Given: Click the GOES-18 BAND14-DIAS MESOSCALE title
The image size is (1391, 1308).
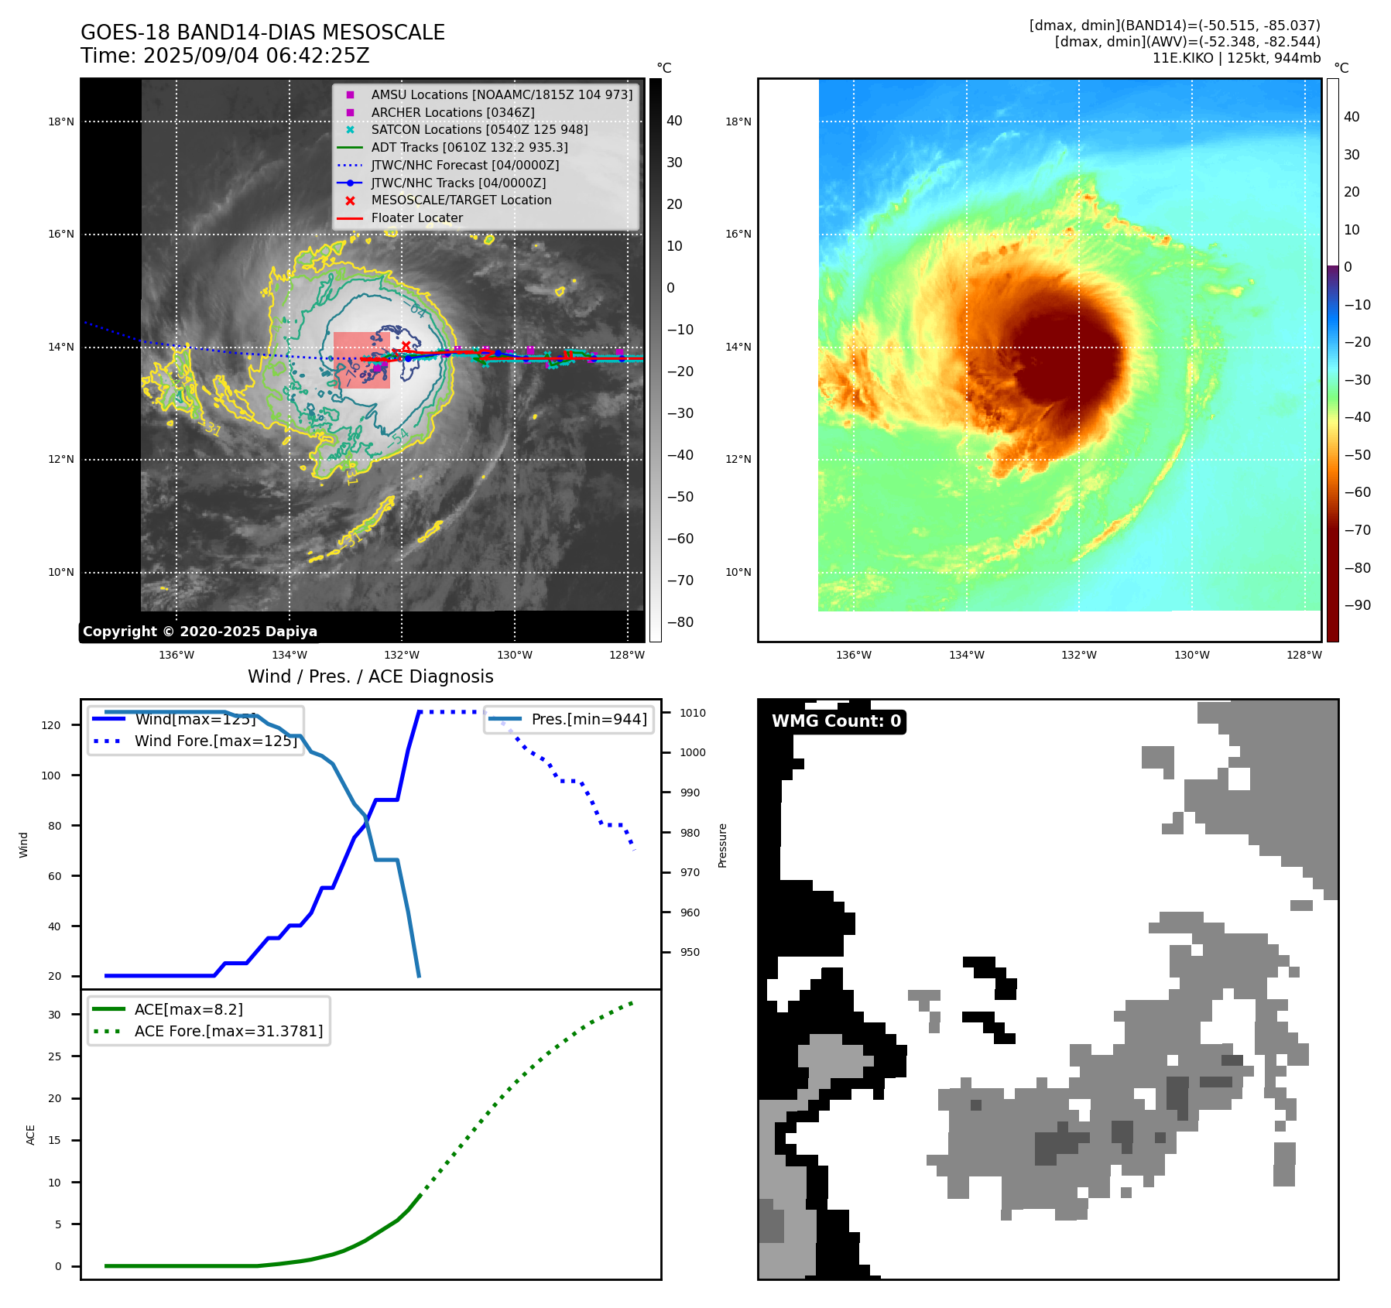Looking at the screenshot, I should coord(262,33).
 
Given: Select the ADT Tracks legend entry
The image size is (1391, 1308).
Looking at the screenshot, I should coord(469,147).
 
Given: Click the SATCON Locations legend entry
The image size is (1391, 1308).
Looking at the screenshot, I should coord(479,129).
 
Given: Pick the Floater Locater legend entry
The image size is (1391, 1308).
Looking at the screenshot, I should coord(416,218).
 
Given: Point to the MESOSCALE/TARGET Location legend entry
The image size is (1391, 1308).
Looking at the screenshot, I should coord(461,200).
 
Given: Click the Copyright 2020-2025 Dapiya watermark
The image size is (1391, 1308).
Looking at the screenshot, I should coord(200,632).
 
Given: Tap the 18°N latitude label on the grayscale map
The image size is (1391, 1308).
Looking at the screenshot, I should coord(61,122).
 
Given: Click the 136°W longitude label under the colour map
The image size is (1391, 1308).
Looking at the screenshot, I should coord(854,655).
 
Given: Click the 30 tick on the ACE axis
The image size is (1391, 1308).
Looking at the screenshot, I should coord(54,1015).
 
